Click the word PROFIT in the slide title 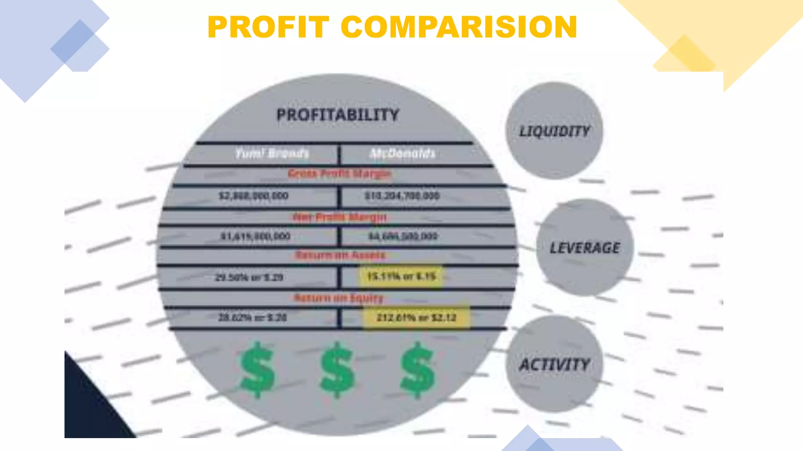(x=268, y=27)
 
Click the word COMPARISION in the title (x=459, y=27)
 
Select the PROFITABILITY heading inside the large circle (x=338, y=115)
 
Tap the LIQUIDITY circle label (x=554, y=132)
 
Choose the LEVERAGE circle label (x=585, y=248)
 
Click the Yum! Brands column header (x=272, y=153)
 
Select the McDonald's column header (x=403, y=153)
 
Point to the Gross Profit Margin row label (x=340, y=173)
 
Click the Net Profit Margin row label (x=340, y=217)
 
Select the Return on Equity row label (x=339, y=298)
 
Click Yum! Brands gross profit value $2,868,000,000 (x=254, y=196)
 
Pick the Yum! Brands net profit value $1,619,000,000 (x=255, y=236)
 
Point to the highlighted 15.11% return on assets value (x=401, y=277)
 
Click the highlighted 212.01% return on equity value (x=416, y=318)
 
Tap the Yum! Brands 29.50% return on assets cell (x=249, y=278)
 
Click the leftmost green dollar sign (x=257, y=370)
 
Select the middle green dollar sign (x=338, y=370)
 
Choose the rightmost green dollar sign (x=417, y=370)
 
